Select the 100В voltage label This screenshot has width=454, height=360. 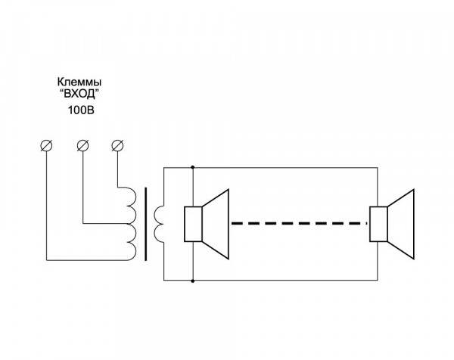click(x=80, y=110)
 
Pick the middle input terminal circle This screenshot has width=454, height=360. click(x=82, y=145)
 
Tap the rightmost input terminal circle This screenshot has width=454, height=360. click(x=117, y=145)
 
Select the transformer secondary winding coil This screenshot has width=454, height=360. click(x=158, y=222)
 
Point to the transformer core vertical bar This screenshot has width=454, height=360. click(x=145, y=223)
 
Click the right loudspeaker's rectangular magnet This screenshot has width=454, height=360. click(x=377, y=223)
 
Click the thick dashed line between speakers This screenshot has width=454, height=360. click(x=298, y=224)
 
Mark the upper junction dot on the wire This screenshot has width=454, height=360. click(x=194, y=167)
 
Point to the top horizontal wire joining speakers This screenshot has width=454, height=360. click(x=288, y=167)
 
